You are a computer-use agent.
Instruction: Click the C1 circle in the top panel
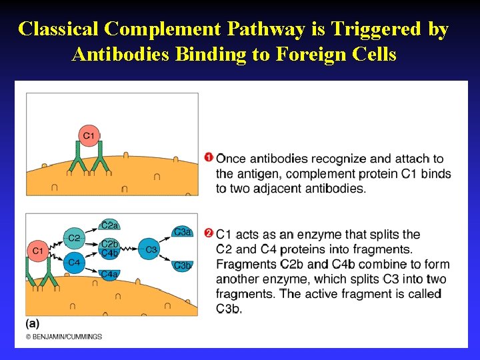point(89,136)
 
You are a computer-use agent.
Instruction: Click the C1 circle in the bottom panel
point(37,251)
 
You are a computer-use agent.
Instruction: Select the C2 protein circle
point(74,238)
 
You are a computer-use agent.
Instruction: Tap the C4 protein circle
point(74,263)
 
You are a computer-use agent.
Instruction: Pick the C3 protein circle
point(151,250)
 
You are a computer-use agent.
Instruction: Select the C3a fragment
point(182,232)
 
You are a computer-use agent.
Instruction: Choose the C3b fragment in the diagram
point(182,265)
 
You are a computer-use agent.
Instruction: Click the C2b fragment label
point(110,245)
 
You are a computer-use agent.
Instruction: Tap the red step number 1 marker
point(209,158)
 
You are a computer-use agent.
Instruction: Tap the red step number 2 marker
point(209,234)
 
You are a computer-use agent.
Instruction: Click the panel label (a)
point(32,323)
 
